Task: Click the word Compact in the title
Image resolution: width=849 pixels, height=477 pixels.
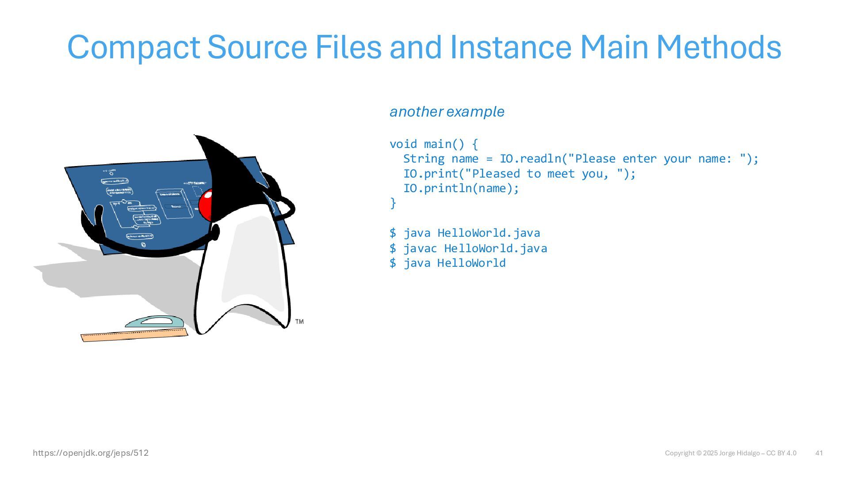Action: point(133,48)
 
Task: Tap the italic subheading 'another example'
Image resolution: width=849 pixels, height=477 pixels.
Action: point(447,112)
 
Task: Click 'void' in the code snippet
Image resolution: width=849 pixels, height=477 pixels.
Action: point(403,144)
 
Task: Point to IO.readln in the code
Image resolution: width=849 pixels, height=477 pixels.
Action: point(530,159)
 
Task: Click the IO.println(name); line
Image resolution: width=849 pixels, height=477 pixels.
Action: point(461,189)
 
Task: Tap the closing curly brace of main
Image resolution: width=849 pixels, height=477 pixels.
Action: point(393,203)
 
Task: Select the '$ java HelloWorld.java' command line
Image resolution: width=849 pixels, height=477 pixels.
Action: point(464,233)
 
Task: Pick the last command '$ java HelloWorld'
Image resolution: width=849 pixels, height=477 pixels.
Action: point(447,263)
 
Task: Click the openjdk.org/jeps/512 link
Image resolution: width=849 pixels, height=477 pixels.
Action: point(91,453)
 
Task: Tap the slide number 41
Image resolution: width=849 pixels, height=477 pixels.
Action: point(819,453)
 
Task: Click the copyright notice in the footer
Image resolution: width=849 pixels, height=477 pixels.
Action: point(730,453)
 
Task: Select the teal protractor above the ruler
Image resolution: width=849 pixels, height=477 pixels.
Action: point(154,322)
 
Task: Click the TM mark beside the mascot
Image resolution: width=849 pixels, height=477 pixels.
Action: point(299,322)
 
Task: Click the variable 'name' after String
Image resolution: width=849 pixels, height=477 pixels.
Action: point(465,159)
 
